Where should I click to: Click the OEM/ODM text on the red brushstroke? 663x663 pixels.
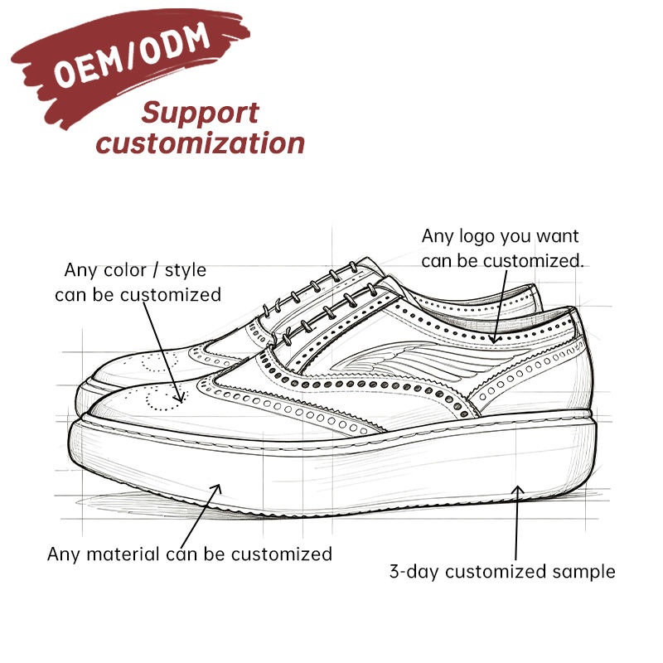[132, 54]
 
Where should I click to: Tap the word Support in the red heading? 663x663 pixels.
[200, 114]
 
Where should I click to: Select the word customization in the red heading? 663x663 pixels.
[200, 143]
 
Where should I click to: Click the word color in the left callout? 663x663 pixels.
[125, 270]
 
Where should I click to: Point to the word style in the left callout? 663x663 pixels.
[185, 271]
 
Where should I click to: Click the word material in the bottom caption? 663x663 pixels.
[123, 554]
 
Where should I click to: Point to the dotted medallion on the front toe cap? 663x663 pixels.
[163, 398]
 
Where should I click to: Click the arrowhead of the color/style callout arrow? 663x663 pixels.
[181, 398]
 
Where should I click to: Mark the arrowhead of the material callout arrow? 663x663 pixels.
[217, 488]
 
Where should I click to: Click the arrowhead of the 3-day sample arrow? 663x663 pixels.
[517, 490]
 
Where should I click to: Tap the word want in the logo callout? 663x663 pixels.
[557, 236]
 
